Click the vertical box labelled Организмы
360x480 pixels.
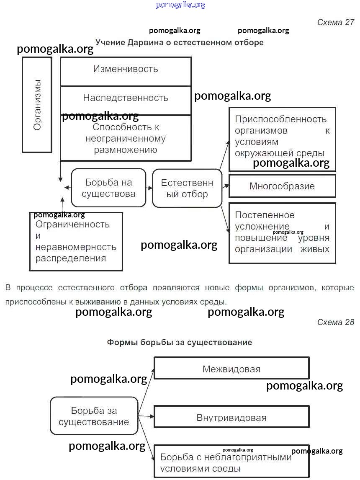pyautogui.click(x=37, y=105)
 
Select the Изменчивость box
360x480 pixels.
pyautogui.click(x=126, y=69)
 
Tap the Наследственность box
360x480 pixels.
pyautogui.click(x=126, y=98)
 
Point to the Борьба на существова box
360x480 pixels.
pyautogui.click(x=108, y=188)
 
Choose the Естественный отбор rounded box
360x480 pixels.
pyautogui.click(x=187, y=188)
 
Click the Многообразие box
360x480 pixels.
pyautogui.click(x=282, y=186)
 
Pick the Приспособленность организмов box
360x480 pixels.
pyautogui.click(x=282, y=136)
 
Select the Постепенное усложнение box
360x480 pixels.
pyautogui.click(x=282, y=232)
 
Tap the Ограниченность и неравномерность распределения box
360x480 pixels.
pyautogui.click(x=76, y=241)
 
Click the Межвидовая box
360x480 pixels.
pyautogui.click(x=231, y=369)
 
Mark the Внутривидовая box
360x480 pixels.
pyautogui.click(x=231, y=418)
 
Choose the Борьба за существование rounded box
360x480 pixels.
pyautogui.click(x=94, y=416)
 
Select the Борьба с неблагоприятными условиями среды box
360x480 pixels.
pyautogui.click(x=231, y=462)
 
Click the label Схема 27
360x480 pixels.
pyautogui.click(x=336, y=23)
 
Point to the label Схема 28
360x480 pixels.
pyautogui.click(x=336, y=322)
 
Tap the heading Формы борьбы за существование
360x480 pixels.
pyautogui.click(x=179, y=342)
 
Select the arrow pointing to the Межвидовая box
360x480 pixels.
pyautogui.click(x=147, y=390)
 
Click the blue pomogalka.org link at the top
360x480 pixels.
pyautogui.click(x=180, y=5)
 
